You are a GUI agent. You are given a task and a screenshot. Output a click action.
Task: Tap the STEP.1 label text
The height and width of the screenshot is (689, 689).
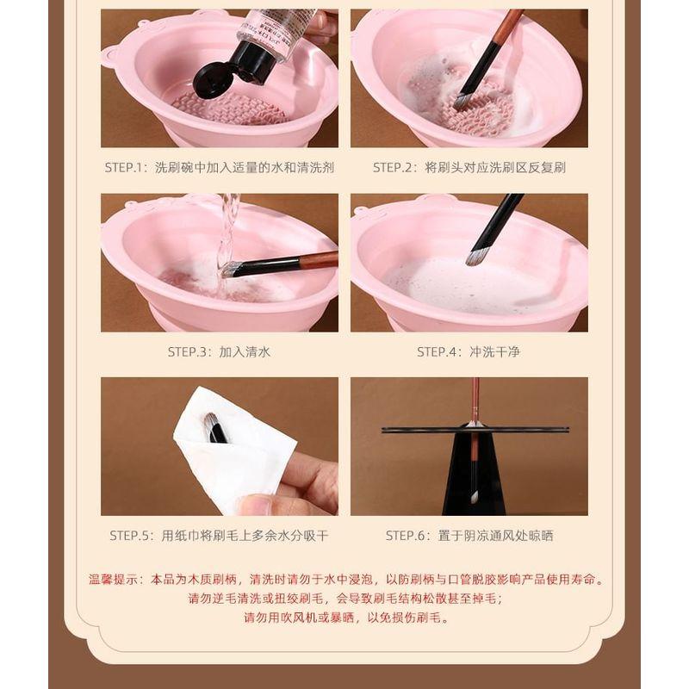click(128, 167)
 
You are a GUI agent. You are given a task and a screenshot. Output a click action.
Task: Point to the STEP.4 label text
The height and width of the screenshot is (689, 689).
click(439, 351)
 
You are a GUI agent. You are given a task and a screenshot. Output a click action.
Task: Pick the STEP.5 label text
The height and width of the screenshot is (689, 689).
click(132, 535)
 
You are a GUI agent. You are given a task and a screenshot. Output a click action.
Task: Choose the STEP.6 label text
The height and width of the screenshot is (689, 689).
click(407, 535)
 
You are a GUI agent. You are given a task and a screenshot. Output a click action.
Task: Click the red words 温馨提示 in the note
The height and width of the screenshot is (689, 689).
click(113, 580)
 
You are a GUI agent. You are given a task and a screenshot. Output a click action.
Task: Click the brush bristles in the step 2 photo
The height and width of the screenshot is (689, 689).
click(463, 101)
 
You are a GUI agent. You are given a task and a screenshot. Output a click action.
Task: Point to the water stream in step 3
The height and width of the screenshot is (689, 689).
click(228, 224)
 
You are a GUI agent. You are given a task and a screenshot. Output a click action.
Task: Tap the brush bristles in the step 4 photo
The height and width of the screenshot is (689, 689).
click(475, 257)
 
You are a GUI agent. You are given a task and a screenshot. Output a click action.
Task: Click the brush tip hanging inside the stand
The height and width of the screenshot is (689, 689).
click(473, 498)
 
